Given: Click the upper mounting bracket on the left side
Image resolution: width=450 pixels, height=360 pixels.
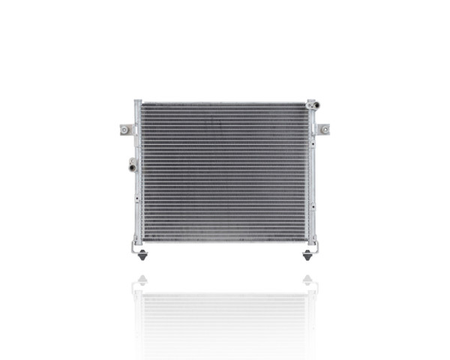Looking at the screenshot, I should click(127, 130).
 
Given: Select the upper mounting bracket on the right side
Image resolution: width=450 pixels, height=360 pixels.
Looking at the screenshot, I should click(323, 129).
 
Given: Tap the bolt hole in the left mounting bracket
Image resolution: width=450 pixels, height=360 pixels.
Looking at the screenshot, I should click(124, 130).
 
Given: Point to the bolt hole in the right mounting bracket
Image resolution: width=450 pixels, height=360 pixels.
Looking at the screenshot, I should click(325, 129).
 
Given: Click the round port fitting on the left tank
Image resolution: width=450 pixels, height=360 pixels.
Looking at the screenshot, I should click(132, 164).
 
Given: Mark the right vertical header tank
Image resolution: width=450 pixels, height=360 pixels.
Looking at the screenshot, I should click(311, 172).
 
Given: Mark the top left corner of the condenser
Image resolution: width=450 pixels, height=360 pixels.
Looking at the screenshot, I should click(136, 101).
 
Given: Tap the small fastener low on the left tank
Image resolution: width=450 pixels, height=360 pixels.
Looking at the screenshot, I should click(137, 199).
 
